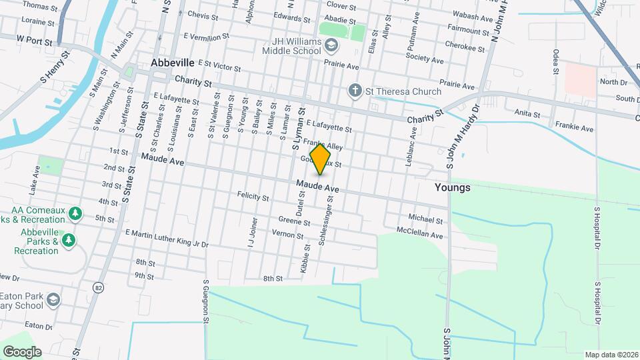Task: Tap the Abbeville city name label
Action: (172, 62)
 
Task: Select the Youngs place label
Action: (452, 187)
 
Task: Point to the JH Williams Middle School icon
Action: (333, 45)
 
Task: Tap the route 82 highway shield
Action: (99, 287)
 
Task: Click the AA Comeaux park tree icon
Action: (76, 213)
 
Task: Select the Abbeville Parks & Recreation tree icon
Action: (67, 239)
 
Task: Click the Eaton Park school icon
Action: (53, 301)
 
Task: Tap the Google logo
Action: (22, 351)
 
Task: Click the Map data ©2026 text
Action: (611, 355)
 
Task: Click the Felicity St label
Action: (253, 197)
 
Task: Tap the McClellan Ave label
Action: (419, 235)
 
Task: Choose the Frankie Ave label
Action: (577, 128)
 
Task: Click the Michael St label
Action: (421, 218)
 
